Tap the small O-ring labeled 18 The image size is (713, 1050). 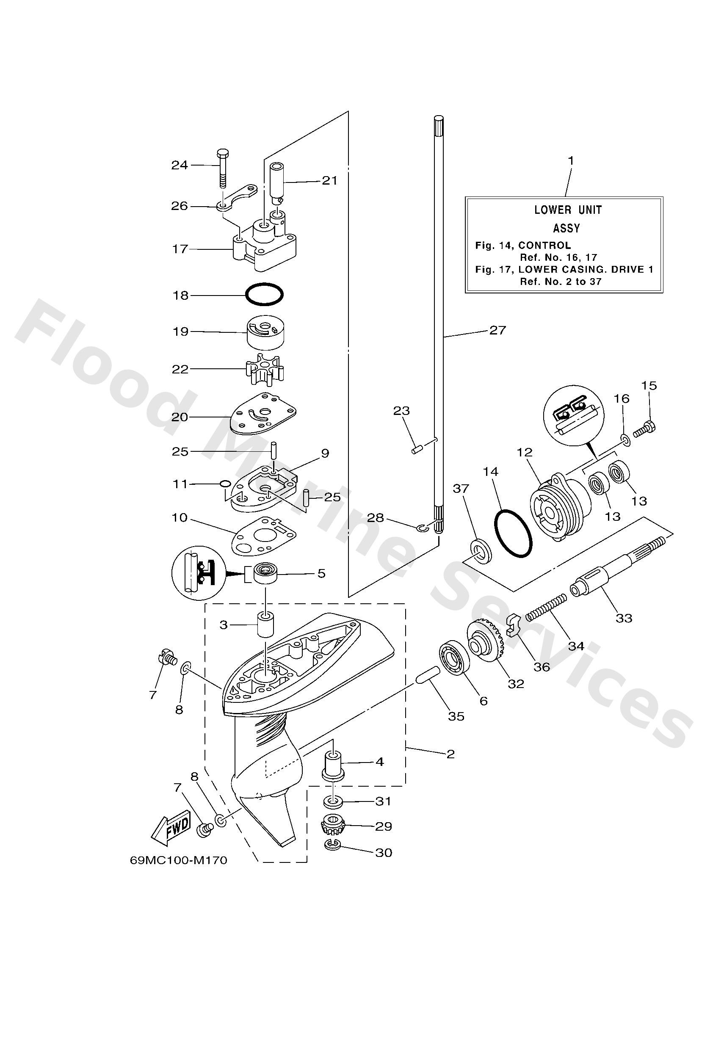[264, 295]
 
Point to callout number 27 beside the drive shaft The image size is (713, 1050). [497, 330]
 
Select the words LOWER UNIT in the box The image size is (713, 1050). [568, 210]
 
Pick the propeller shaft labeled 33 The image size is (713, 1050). [619, 565]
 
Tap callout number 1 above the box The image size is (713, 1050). [571, 160]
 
